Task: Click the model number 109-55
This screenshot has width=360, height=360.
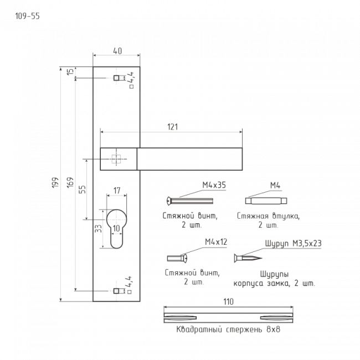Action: (27, 16)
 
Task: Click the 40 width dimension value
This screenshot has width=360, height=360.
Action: (117, 51)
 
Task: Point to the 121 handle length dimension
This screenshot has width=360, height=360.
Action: (172, 127)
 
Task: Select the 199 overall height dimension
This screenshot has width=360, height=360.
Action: (55, 183)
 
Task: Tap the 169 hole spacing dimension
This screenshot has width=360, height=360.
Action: (70, 183)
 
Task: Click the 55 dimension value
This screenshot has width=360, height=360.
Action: (82, 189)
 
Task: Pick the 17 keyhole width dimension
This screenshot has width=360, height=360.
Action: (117, 191)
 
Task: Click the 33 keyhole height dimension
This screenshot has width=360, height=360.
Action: (98, 228)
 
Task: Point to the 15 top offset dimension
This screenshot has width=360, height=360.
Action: (71, 71)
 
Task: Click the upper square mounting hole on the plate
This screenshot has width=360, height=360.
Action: (116, 78)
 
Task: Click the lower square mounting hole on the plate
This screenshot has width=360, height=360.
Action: (116, 291)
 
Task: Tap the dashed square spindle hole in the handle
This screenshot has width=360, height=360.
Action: (116, 159)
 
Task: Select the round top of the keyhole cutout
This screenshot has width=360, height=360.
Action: (117, 210)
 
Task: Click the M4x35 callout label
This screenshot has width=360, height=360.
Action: (214, 185)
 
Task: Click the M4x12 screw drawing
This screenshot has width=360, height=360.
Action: (177, 258)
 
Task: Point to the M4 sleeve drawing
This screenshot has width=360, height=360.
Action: (266, 201)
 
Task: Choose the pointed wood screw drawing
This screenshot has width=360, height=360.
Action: (248, 258)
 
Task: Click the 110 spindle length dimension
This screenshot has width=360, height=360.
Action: (228, 301)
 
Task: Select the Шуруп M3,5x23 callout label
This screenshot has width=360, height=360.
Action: (293, 244)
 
